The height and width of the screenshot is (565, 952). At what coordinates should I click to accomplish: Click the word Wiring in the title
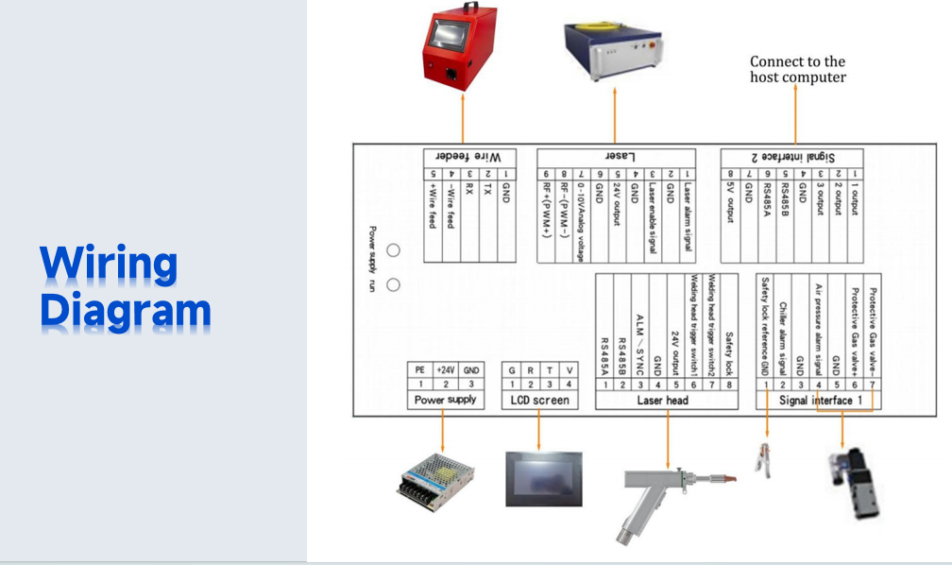pos(109,265)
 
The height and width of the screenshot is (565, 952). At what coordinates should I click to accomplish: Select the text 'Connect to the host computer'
pos(797,69)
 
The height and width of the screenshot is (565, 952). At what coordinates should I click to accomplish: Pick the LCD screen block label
pos(539,401)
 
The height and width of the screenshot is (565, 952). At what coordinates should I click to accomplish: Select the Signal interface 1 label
pos(821,401)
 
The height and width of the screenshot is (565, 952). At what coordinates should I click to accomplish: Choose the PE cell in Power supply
pos(419,370)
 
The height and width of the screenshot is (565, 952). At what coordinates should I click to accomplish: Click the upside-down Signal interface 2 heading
pos(792,156)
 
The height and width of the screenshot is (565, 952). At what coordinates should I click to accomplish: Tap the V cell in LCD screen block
pos(569,370)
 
